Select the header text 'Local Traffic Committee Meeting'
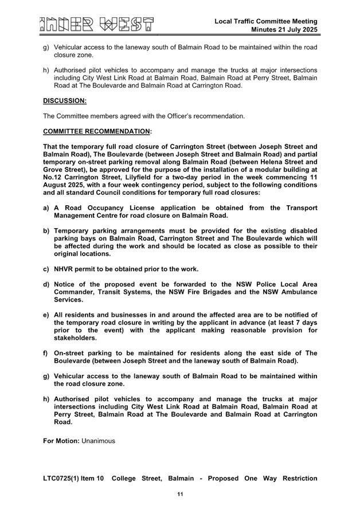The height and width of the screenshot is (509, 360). coord(266,21)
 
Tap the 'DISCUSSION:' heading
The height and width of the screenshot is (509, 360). coord(64,101)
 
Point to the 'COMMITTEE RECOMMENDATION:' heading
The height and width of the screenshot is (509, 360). coord(97,131)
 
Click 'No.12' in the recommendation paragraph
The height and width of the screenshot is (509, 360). coord(53,177)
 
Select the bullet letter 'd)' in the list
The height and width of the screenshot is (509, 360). coord(46,284)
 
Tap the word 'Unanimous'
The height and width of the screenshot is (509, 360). coord(98,441)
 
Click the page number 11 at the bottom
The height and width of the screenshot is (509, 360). coord(180,494)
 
